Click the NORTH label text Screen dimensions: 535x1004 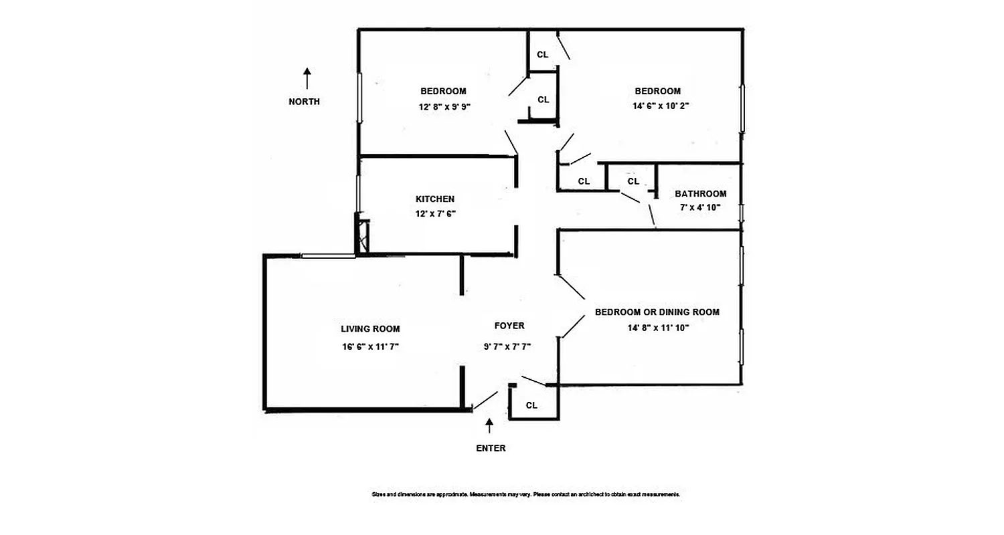point(304,102)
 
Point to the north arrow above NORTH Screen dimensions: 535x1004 point(307,78)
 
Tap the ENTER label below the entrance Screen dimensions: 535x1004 point(491,448)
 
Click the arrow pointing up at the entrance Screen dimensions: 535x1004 point(489,426)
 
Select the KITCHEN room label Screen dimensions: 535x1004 point(435,199)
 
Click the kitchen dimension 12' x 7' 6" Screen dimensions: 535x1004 point(435,214)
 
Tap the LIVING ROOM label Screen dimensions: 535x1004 point(370,329)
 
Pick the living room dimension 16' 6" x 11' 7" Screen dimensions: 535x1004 point(370,346)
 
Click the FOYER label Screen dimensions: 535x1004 point(509,326)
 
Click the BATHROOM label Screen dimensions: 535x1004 point(700,194)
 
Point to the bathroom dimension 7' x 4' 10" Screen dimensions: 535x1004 point(700,207)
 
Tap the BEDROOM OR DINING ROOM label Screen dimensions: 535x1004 point(657,312)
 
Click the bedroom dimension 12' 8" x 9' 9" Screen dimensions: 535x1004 point(442,106)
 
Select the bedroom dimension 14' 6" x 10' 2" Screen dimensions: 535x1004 point(657,106)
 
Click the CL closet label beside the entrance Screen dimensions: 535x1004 point(531,405)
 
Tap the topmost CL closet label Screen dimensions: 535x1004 point(543,55)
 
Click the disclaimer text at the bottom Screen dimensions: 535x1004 point(526,494)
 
